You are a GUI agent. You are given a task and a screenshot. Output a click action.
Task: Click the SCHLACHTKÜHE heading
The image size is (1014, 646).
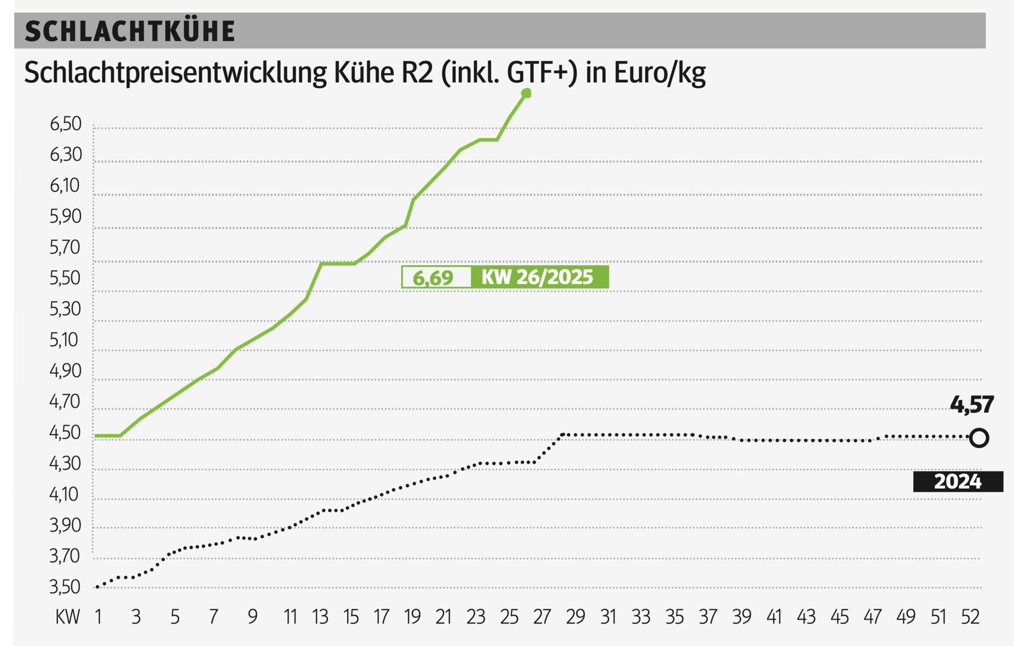tap(130, 31)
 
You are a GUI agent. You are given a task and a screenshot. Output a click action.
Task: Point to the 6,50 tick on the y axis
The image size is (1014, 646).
tap(65, 124)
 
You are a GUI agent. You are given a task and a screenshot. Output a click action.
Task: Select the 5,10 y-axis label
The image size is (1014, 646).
tap(65, 340)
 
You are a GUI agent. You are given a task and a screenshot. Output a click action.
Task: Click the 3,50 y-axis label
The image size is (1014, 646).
tap(65, 587)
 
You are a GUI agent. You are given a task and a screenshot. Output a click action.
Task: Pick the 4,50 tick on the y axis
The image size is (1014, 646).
tap(65, 433)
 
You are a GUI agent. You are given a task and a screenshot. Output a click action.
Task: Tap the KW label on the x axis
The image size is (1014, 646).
tap(67, 617)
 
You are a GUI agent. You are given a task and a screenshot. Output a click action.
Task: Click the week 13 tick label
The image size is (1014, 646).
tap(320, 617)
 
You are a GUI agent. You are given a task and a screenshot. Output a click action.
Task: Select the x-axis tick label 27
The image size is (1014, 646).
tap(541, 617)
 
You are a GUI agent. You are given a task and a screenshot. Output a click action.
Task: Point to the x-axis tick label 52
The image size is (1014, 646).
tap(970, 617)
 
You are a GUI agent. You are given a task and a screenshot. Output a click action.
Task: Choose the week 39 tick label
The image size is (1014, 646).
tap(741, 617)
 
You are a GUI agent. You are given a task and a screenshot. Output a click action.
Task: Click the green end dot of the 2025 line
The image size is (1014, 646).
tap(526, 93)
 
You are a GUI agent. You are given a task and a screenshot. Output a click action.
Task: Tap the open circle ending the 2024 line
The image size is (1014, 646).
tap(979, 438)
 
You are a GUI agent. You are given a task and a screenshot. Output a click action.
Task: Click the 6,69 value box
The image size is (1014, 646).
tap(435, 278)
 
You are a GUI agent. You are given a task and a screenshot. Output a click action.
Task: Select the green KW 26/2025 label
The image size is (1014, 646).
tap(539, 277)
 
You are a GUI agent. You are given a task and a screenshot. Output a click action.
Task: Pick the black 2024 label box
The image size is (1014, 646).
tap(958, 482)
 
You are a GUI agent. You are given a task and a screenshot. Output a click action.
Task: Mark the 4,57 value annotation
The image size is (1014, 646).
tap(972, 405)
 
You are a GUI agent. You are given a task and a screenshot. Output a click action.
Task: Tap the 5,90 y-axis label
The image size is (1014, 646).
tap(65, 216)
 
